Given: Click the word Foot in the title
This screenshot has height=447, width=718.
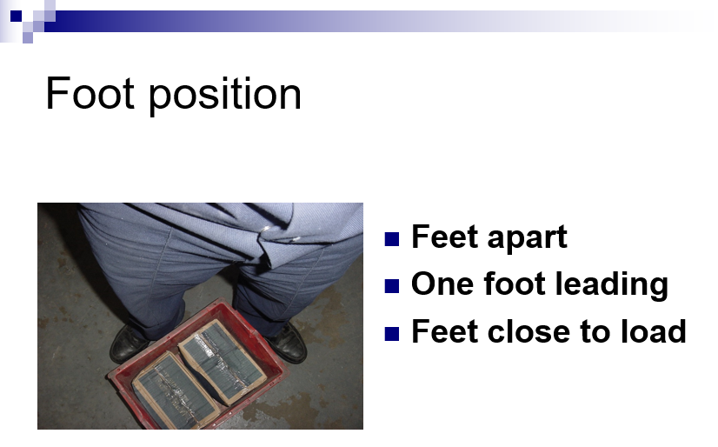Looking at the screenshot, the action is (x=90, y=93).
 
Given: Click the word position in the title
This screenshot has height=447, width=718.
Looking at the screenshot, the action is (x=225, y=96).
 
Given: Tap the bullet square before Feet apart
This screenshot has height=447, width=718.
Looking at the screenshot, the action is (x=392, y=239).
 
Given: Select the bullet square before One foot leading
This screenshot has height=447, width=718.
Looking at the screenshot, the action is (x=392, y=286).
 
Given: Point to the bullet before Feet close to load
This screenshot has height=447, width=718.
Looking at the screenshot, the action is (x=392, y=333).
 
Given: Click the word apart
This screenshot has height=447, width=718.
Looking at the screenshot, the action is (x=527, y=238).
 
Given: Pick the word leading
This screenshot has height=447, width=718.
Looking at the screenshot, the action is (x=611, y=285).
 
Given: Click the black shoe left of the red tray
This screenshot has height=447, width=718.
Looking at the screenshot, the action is (x=129, y=344).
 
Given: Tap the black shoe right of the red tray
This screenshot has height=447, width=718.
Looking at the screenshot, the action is (x=288, y=343).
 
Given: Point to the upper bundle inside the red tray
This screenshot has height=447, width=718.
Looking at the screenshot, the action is (x=222, y=362).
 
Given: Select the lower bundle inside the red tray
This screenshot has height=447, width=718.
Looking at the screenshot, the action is (x=175, y=392).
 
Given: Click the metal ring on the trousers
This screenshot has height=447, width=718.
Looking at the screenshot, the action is (x=265, y=230).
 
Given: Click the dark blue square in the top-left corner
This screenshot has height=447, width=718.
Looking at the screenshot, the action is (x=16, y=16).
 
